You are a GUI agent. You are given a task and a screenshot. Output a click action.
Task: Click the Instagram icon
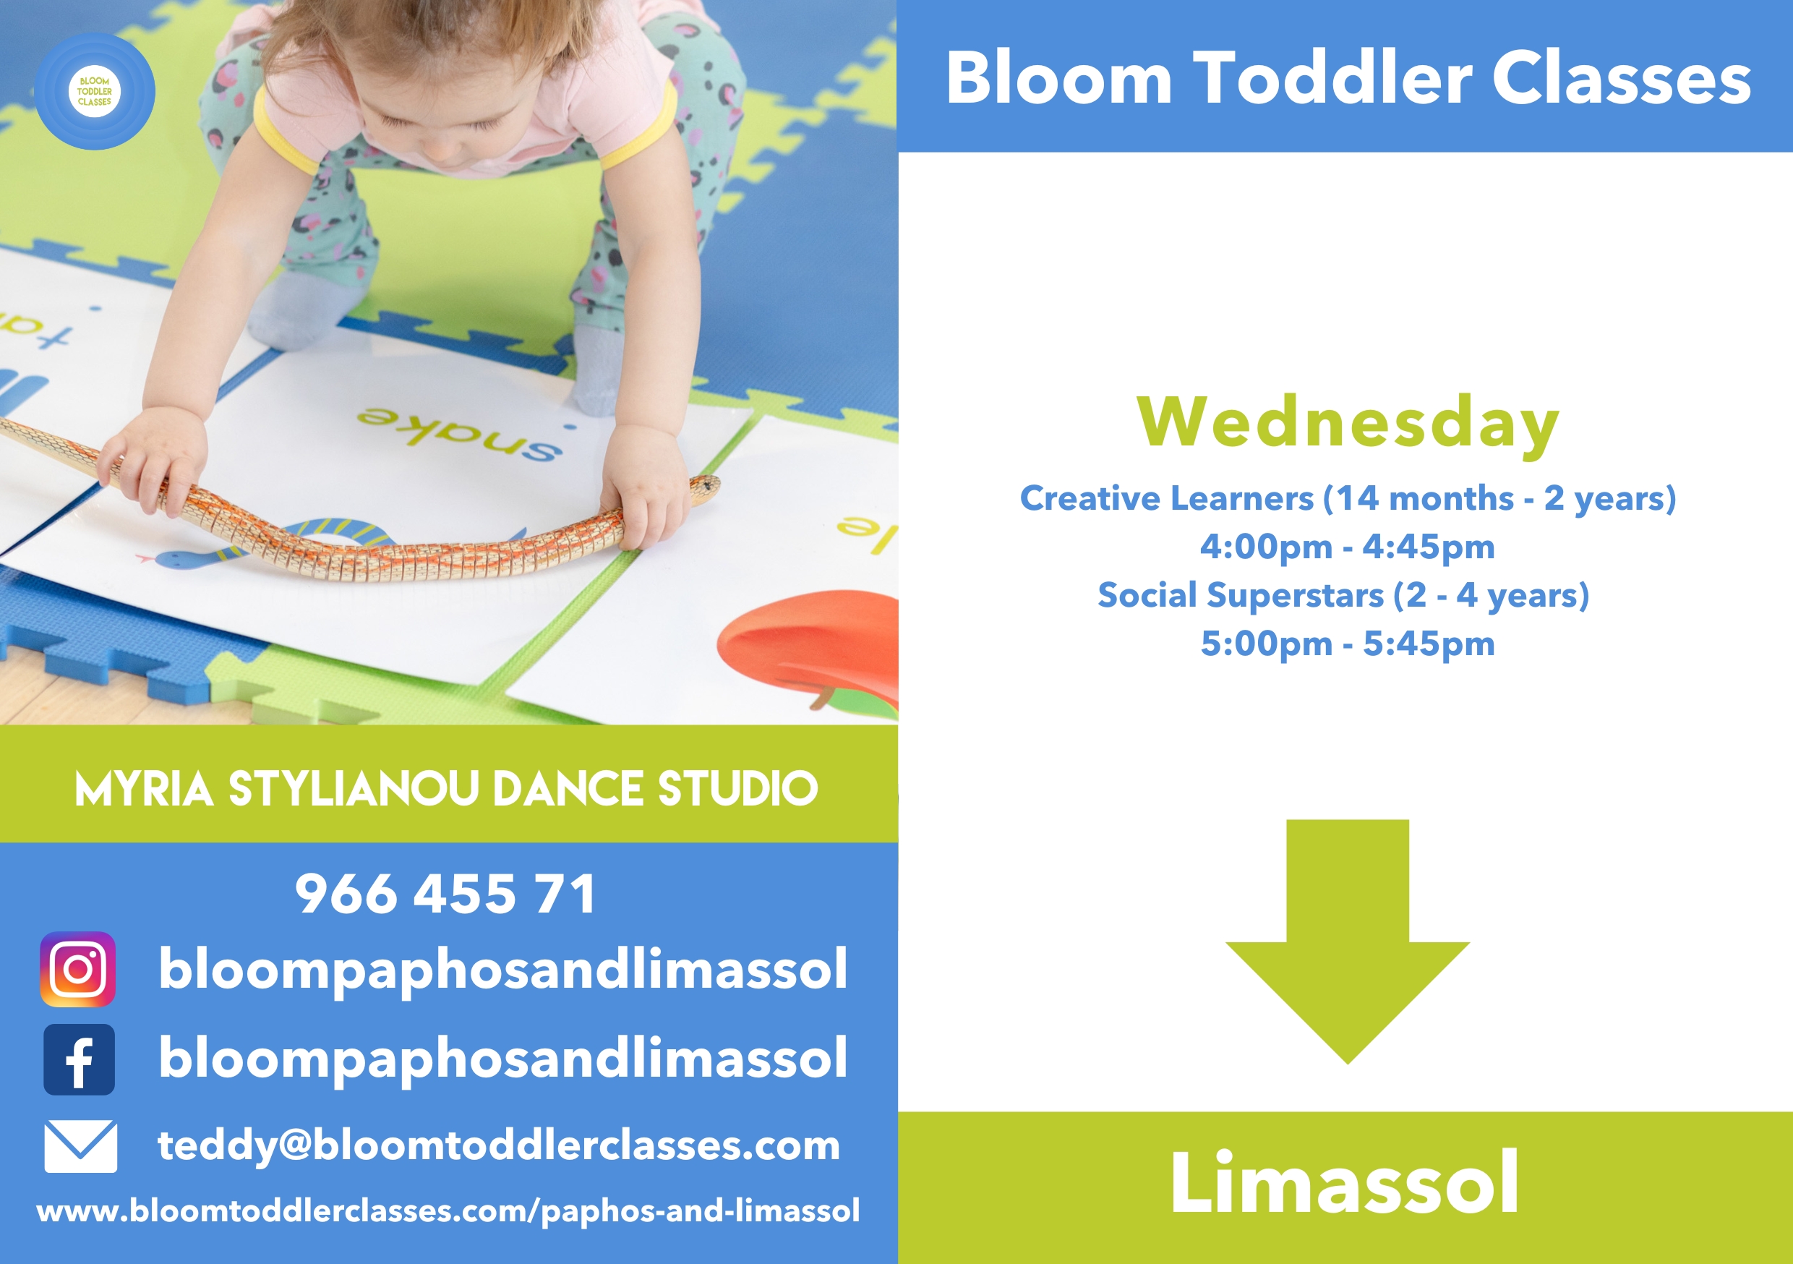click(78, 969)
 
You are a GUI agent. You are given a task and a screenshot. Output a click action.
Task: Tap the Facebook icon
click(79, 1059)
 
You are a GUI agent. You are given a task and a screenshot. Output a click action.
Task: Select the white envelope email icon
click(80, 1146)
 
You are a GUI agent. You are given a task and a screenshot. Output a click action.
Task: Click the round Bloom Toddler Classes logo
click(95, 91)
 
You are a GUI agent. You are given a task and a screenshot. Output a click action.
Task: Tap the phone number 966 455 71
click(446, 894)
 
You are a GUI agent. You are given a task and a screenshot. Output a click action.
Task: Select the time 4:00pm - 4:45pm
click(1347, 547)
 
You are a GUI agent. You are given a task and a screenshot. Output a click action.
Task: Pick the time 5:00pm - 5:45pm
click(1347, 644)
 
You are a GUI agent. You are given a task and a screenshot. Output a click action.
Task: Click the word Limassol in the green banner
click(1345, 1182)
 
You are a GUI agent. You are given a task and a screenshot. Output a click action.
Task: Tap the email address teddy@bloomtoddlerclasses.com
click(499, 1146)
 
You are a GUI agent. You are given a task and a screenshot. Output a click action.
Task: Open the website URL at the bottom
click(448, 1211)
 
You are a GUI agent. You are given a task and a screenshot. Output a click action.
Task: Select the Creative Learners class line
click(1348, 498)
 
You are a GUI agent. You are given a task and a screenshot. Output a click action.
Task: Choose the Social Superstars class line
click(1343, 595)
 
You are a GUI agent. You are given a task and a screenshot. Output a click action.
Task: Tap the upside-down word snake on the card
click(460, 434)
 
